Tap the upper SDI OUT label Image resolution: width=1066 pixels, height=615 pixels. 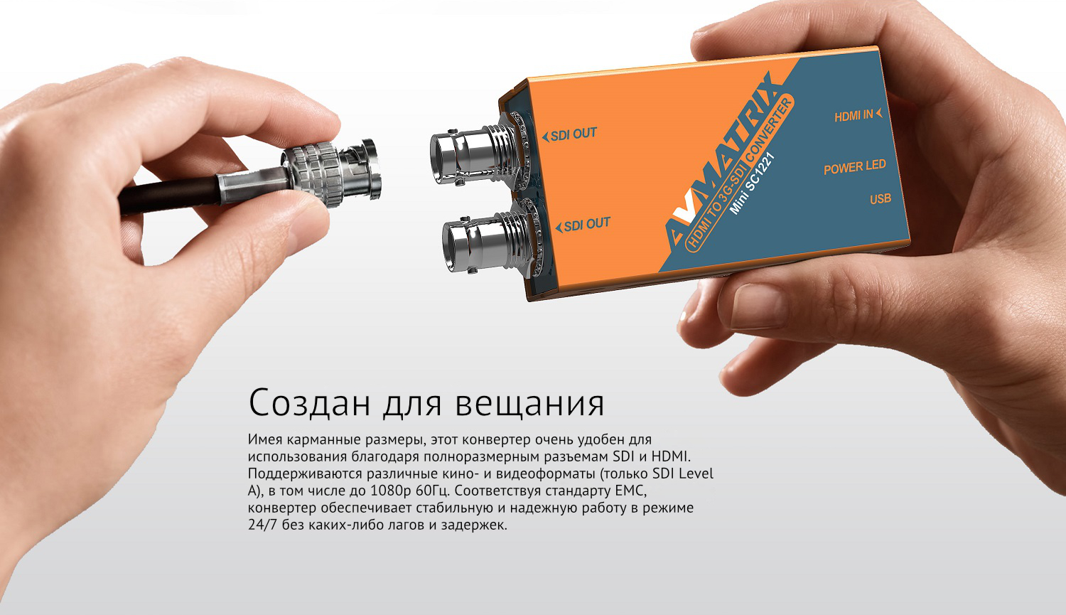pos(570,134)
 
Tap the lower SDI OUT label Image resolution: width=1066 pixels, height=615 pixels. pos(583,225)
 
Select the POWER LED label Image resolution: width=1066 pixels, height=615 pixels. pos(855,167)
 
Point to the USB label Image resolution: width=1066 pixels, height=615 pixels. pos(881,199)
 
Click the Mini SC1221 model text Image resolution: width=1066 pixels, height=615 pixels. pos(753,183)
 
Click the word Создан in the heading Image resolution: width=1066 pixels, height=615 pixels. pos(309,402)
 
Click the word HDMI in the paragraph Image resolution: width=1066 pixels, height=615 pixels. pos(670,456)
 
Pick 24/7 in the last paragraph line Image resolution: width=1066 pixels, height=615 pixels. pos(262,525)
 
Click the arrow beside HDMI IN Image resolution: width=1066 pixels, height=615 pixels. pos(879,113)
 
